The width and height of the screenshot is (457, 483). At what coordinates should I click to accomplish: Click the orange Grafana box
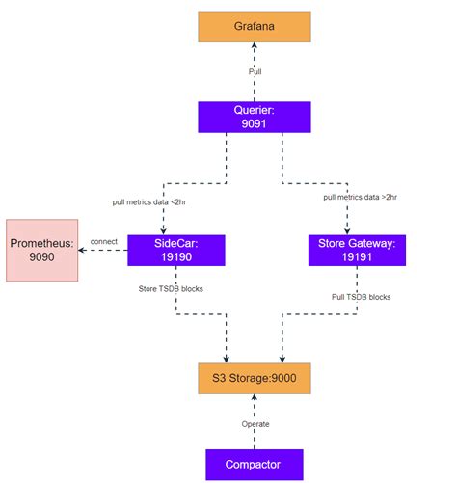click(254, 27)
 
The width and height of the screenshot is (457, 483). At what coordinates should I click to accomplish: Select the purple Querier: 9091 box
click(254, 118)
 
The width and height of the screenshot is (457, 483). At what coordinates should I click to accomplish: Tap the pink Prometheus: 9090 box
click(41, 250)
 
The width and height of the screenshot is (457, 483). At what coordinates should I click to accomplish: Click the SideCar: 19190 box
click(176, 250)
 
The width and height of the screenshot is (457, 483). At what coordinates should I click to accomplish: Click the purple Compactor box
click(254, 464)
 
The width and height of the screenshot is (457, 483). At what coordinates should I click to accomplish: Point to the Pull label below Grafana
click(255, 71)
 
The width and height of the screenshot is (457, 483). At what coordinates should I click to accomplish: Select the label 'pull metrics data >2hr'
click(362, 197)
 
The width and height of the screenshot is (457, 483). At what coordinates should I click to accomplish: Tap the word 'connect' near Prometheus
click(103, 241)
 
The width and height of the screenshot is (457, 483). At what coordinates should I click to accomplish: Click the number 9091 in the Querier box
click(254, 125)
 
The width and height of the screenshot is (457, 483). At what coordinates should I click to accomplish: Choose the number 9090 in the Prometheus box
click(41, 258)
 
